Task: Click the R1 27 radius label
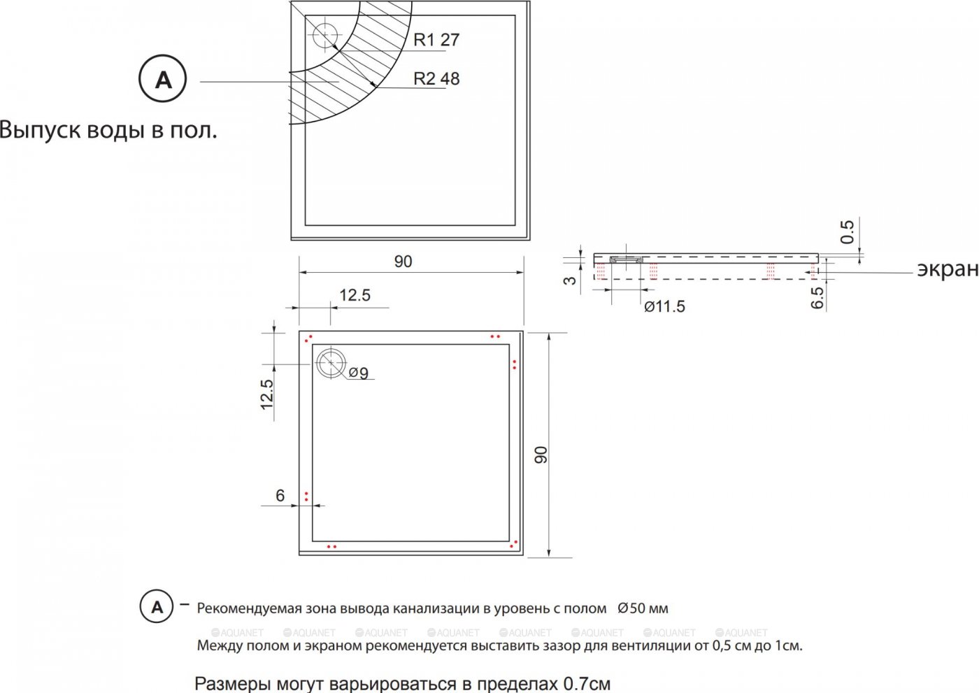click(x=436, y=40)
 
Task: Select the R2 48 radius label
click(x=436, y=78)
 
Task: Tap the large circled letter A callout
click(x=162, y=78)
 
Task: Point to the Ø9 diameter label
click(x=358, y=373)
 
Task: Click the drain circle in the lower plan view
click(x=331, y=363)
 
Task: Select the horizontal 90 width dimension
click(x=403, y=262)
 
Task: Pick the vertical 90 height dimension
click(x=541, y=455)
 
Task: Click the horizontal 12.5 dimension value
click(x=355, y=295)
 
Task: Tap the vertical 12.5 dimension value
click(x=267, y=394)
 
